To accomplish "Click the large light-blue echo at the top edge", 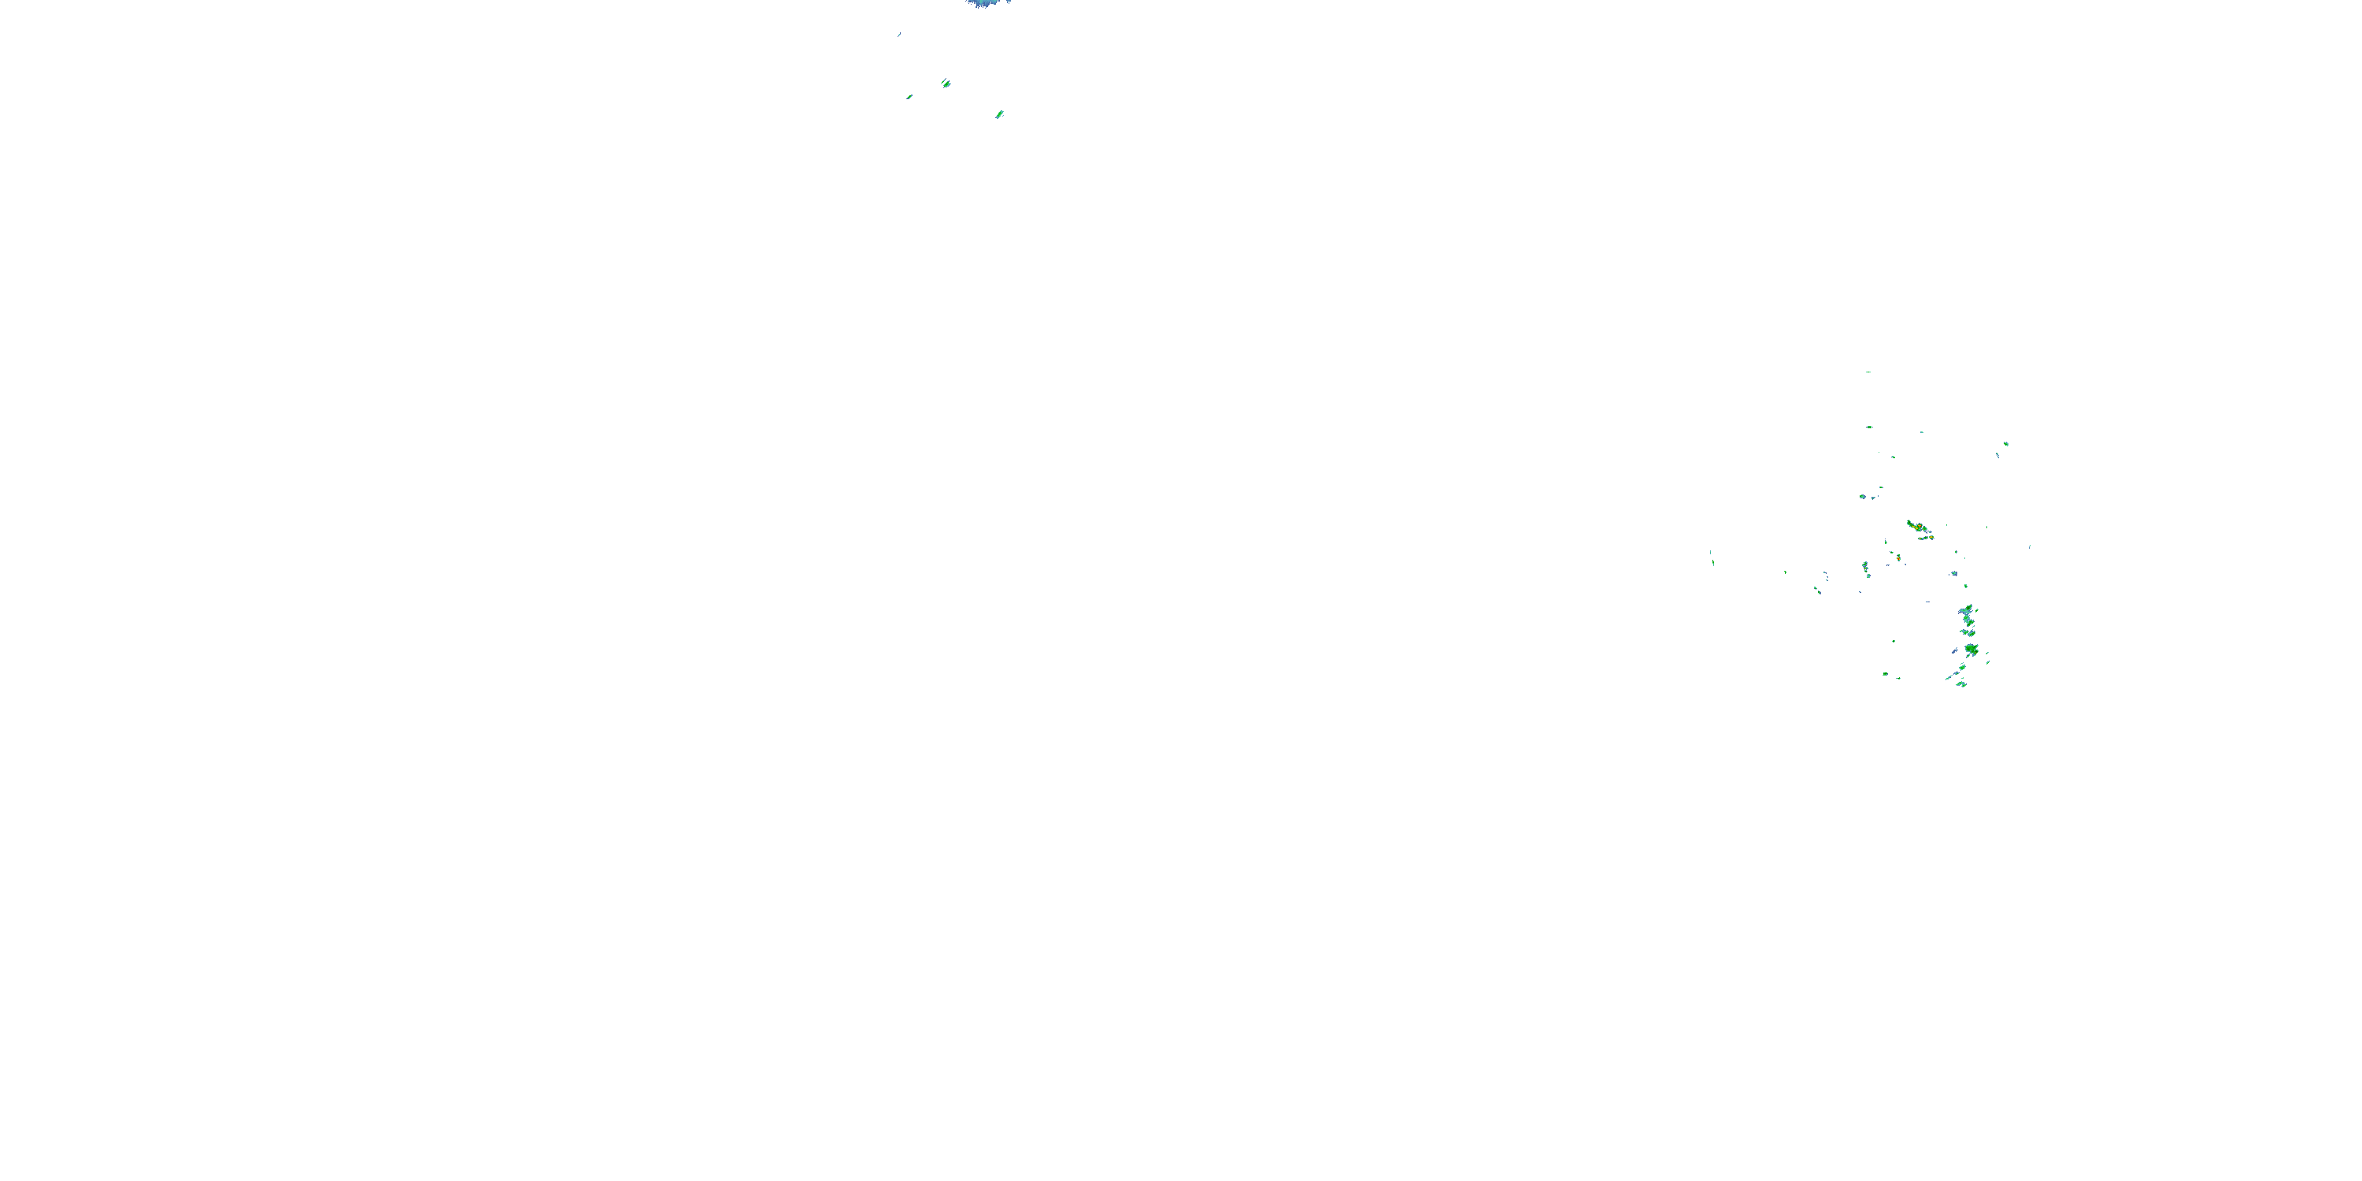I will click(982, 2).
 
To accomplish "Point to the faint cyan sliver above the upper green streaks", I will click(898, 35).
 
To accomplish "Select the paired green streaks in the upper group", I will click(946, 83).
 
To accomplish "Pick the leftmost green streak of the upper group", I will click(909, 96).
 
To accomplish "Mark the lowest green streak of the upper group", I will click(999, 115).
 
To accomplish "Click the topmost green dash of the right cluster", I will click(1868, 372).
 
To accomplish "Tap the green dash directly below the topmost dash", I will click(1868, 427).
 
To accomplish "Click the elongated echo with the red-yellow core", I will click(1916, 528).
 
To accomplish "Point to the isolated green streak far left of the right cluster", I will click(1711, 557).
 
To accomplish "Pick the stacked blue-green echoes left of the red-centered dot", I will click(1865, 568).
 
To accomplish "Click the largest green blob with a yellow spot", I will click(1971, 650).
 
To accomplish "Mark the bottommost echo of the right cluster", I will click(1960, 684).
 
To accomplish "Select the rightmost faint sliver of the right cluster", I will click(2029, 546).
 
